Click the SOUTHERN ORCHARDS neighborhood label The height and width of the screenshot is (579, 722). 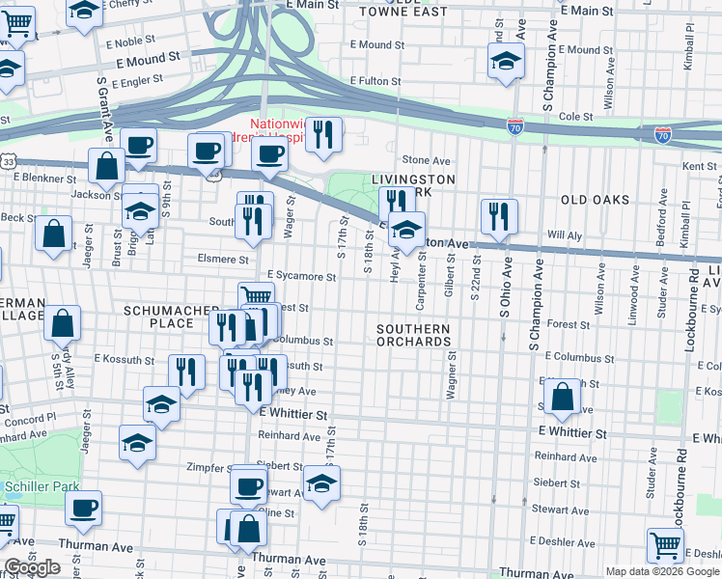click(x=413, y=336)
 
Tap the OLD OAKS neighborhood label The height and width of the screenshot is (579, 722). click(x=595, y=200)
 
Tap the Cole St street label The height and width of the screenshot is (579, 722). click(x=575, y=117)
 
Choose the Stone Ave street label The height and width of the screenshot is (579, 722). click(x=427, y=160)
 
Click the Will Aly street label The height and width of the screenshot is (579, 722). click(x=563, y=234)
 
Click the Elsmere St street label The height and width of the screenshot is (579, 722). click(x=223, y=259)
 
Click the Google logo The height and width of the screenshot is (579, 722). click(x=32, y=568)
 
